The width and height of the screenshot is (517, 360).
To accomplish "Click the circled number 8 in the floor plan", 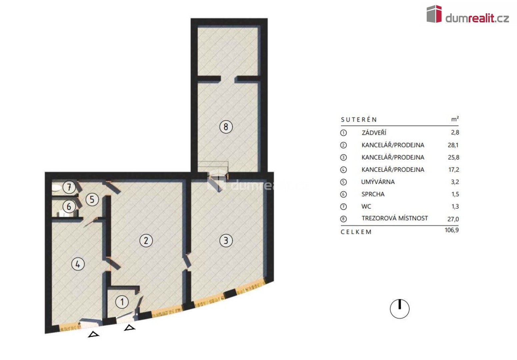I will click(226, 127).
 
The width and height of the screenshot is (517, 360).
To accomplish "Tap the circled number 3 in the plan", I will click(226, 240).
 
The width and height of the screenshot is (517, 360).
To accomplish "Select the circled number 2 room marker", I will click(146, 240).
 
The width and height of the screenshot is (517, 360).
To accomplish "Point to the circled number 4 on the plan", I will click(78, 264).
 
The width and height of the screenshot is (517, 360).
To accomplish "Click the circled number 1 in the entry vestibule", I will click(122, 302).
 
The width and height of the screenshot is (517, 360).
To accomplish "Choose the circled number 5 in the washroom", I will click(92, 200).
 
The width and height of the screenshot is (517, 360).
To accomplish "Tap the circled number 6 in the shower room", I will click(69, 207).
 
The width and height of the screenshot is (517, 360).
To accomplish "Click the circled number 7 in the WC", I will click(69, 187).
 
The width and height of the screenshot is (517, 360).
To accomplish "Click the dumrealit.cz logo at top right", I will click(467, 15).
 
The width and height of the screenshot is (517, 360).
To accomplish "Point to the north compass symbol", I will click(399, 309).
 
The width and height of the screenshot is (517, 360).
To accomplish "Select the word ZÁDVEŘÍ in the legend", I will click(374, 133).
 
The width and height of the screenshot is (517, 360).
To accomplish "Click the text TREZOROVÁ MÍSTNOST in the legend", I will click(395, 218).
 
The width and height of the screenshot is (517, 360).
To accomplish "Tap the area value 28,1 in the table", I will click(453, 145).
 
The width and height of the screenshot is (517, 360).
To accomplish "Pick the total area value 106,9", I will click(452, 230).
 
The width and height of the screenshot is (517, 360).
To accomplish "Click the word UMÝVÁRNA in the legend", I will click(378, 182).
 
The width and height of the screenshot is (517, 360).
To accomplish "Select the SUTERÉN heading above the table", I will click(359, 120).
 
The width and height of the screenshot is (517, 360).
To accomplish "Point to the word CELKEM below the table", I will click(356, 232).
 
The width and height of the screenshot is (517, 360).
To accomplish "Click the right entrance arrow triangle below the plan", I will click(130, 328).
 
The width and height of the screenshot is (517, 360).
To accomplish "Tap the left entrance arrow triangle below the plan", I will click(94, 334).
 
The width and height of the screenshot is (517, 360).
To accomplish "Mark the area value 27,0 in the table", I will click(453, 219).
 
